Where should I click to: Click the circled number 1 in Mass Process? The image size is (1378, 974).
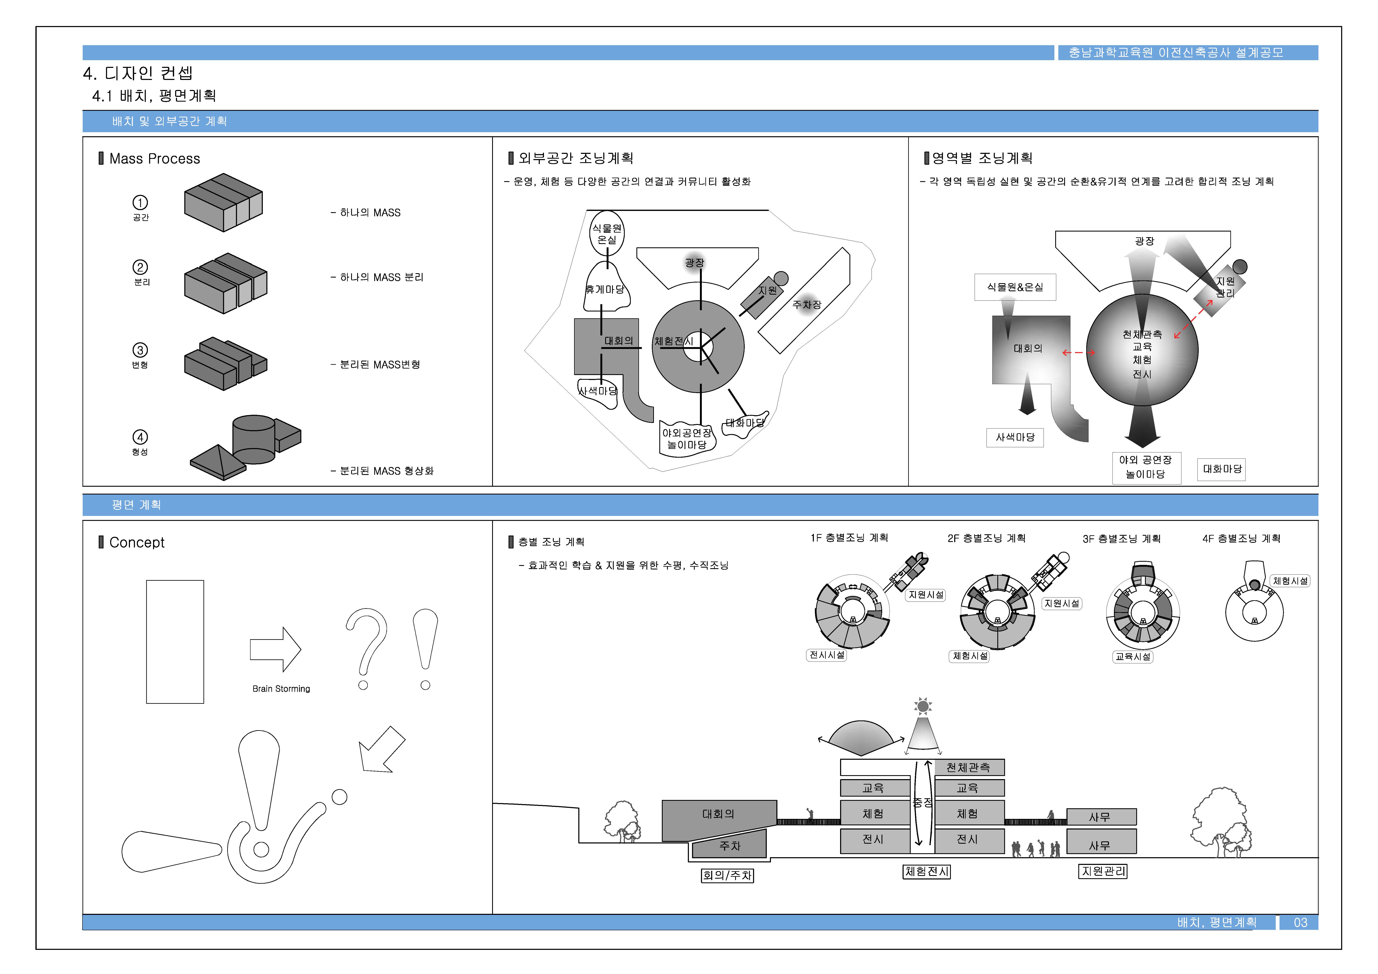(x=140, y=202)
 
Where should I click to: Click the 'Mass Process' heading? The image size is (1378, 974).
(x=154, y=158)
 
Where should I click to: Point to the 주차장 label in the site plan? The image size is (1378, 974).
(x=807, y=304)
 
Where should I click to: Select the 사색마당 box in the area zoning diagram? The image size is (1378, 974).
(x=1015, y=437)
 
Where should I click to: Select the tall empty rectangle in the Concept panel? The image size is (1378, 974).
(x=175, y=641)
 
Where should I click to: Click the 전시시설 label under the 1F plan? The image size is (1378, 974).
(x=827, y=655)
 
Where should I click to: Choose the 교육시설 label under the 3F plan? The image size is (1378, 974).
(x=1132, y=656)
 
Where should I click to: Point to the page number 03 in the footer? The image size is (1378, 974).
(x=1300, y=922)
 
